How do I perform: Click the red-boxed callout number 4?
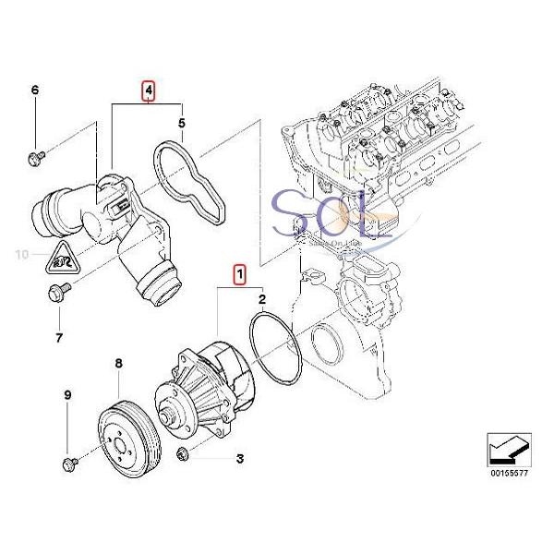tap(147, 90)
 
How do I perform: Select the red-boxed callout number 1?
tap(239, 274)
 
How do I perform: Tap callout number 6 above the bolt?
tap(36, 90)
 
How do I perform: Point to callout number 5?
tap(182, 122)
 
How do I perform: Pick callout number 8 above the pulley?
tap(118, 366)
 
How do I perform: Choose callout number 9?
tap(66, 396)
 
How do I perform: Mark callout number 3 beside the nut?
tap(239, 458)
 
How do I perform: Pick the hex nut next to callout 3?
tap(184, 452)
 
